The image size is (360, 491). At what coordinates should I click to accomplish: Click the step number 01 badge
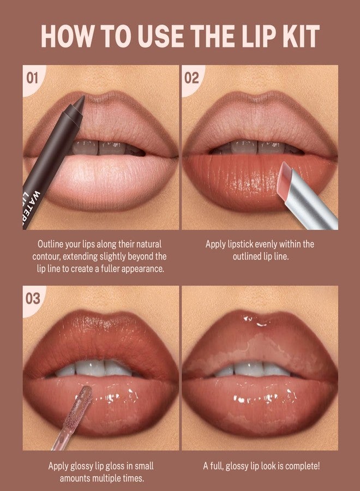pyautogui.click(x=32, y=77)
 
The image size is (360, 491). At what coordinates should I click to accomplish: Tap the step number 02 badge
pyautogui.click(x=191, y=77)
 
